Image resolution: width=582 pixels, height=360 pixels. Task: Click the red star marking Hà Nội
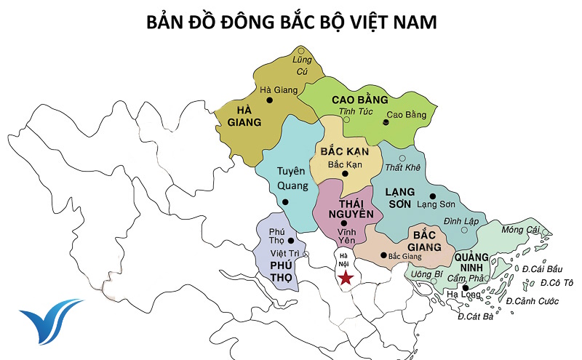346,278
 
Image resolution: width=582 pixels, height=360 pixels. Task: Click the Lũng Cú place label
301,65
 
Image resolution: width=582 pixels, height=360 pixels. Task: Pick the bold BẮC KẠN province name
345,152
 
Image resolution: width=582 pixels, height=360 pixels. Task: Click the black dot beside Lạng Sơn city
432,196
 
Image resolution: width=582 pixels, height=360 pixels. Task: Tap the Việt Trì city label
284,253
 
